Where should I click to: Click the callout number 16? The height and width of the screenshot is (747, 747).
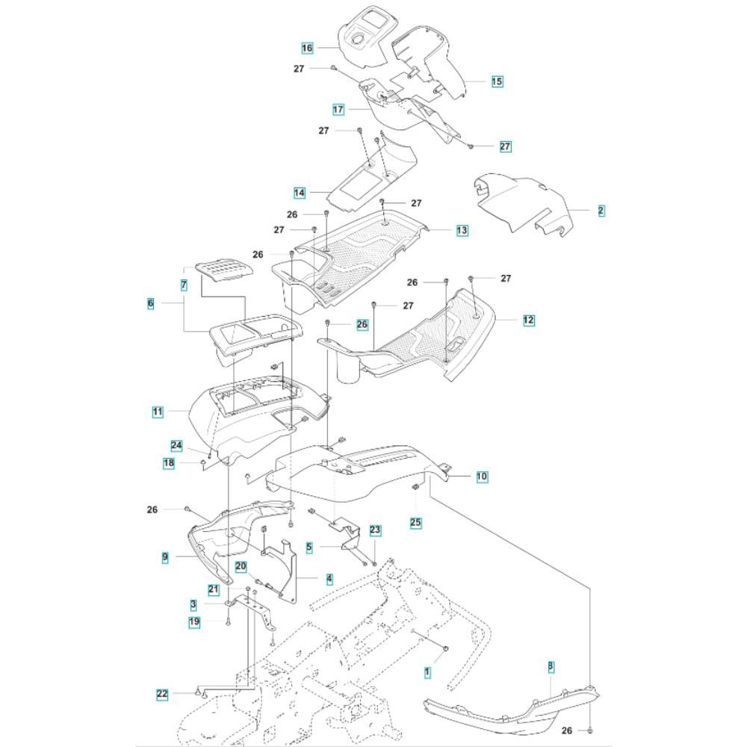pos(307,49)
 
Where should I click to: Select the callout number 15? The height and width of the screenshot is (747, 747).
pos(497,81)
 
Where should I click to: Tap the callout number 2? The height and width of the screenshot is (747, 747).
pos(601,211)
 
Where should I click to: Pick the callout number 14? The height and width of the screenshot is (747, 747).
pos(300,193)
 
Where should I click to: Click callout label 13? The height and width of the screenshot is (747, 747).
pos(462,230)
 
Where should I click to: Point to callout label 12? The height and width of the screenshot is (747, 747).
pos(529,320)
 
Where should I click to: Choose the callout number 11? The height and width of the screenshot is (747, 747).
pos(158,411)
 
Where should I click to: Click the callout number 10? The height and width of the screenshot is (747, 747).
pos(482,476)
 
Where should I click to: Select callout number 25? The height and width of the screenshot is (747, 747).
pos(416,523)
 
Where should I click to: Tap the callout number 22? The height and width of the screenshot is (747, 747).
pos(163,694)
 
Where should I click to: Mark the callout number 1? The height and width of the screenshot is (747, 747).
pos(428,672)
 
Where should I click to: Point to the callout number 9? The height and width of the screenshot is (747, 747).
pos(164,557)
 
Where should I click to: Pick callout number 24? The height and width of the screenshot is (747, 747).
pos(176,446)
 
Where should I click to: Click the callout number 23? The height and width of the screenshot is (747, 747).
pos(375,530)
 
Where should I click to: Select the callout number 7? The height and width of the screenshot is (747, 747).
pos(184,285)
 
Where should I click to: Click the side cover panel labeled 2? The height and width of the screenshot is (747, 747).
pos(523,202)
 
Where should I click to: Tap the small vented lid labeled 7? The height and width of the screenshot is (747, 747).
pos(220,271)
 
